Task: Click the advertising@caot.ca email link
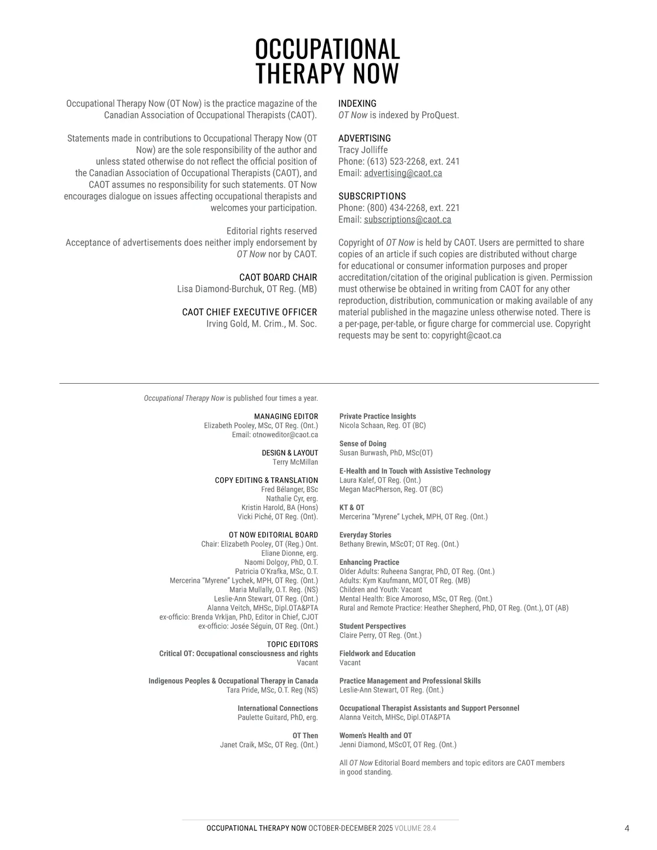pos(403,173)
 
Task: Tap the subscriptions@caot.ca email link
pos(407,219)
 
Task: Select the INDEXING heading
pos(357,103)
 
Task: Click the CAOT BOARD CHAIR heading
pos(278,277)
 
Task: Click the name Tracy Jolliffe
pos(363,150)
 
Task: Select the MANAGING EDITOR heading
pos(286,417)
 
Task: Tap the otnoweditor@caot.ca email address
pos(285,435)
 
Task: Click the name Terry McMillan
pos(295,462)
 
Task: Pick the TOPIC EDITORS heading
pos(292,645)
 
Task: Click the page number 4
pos(627,829)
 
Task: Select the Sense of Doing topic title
pos(362,444)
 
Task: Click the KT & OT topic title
pos(351,508)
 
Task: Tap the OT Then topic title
pos(305,736)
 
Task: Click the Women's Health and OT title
pos(376,736)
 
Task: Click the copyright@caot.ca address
pos(466,336)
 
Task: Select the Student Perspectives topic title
pos(372,626)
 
